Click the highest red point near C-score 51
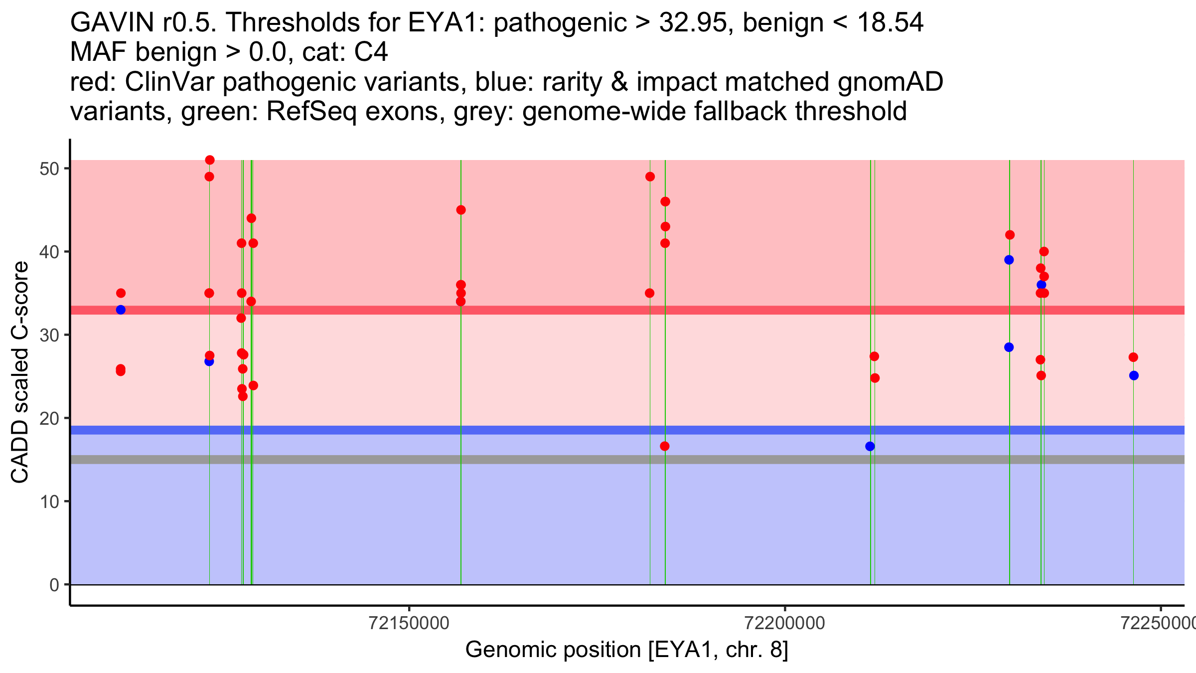click(x=210, y=160)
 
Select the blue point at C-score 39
click(x=1009, y=260)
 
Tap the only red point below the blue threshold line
click(x=665, y=446)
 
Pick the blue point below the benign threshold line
click(x=870, y=446)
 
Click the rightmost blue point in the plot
click(x=1134, y=375)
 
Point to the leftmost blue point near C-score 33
click(x=121, y=310)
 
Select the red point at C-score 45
click(x=461, y=210)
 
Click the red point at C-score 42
click(x=1010, y=235)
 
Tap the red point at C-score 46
click(x=665, y=201)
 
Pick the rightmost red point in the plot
click(x=1133, y=357)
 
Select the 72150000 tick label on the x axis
click(x=409, y=623)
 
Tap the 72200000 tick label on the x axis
click(x=785, y=623)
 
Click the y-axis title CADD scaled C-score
click(x=20, y=372)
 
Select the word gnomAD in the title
click(x=890, y=82)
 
